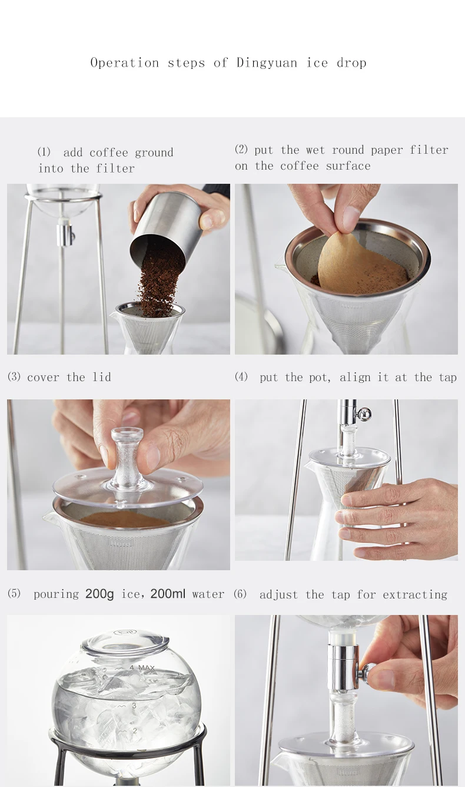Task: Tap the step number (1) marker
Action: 44,153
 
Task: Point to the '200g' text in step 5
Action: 99,594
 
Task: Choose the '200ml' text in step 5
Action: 168,594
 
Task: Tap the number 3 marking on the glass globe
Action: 134,705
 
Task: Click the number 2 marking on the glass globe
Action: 134,731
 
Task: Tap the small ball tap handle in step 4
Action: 366,413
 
